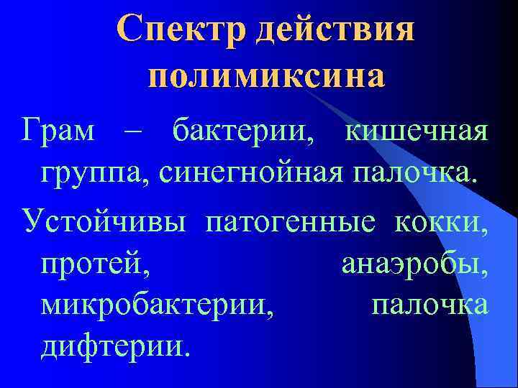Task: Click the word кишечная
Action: pyautogui.click(x=418, y=133)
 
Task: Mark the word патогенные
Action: pyautogui.click(x=290, y=220)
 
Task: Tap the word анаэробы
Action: pyautogui.click(x=414, y=262)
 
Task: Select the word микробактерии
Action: pyautogui.click(x=158, y=305)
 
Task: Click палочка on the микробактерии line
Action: pyautogui.click(x=430, y=305)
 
